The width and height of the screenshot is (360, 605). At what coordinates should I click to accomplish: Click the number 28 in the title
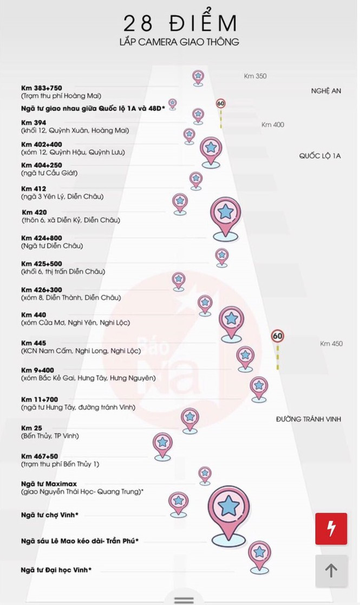(x=137, y=23)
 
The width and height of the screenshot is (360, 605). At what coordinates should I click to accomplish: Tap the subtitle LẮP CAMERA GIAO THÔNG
(x=179, y=42)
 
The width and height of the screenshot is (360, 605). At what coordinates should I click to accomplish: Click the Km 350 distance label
(x=255, y=76)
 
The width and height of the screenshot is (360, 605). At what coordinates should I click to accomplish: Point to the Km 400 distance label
(x=272, y=125)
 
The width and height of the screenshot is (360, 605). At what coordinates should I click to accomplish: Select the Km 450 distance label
(x=331, y=343)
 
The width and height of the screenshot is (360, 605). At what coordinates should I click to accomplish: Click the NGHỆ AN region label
(x=326, y=91)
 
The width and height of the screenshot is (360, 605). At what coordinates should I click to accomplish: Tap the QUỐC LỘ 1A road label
(x=320, y=156)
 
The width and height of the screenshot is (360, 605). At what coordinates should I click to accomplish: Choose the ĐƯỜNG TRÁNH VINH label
(x=308, y=419)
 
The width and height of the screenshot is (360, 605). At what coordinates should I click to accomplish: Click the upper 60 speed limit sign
(x=220, y=103)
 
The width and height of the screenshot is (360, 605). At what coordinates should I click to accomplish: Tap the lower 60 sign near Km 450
(x=278, y=336)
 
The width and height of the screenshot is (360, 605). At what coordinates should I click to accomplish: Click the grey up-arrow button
(x=331, y=570)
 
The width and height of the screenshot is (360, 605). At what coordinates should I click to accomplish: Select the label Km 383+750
(x=41, y=88)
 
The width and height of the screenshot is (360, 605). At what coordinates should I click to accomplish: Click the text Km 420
(x=34, y=212)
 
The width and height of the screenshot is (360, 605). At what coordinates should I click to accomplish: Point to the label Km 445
(x=34, y=343)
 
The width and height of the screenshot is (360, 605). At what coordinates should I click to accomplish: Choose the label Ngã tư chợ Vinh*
(x=49, y=515)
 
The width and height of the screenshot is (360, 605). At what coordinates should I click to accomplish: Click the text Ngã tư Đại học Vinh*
(x=56, y=570)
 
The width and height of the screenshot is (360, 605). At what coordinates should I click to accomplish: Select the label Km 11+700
(x=39, y=399)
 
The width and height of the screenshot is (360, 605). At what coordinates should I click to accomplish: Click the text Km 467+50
(x=39, y=456)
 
